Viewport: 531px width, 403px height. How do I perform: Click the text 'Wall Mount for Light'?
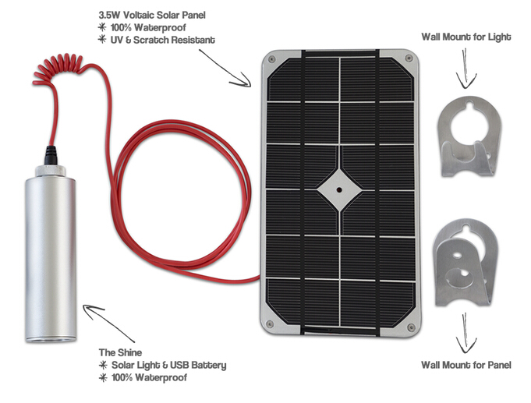tap(466, 37)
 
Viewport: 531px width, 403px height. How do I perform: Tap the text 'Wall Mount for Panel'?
tap(467, 364)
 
